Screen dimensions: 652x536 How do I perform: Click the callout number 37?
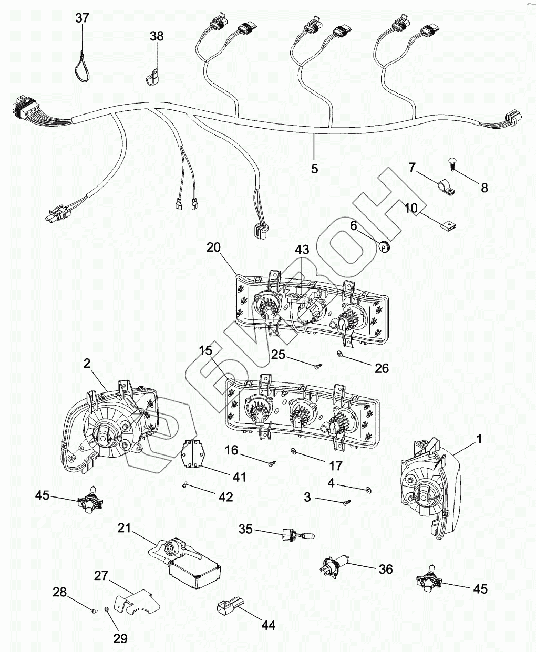tap(82, 18)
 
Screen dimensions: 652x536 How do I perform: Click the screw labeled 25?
tap(317, 366)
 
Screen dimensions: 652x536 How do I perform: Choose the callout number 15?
tap(205, 350)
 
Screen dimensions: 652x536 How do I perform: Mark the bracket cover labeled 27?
tap(136, 604)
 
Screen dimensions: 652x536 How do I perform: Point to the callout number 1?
tap(478, 438)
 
